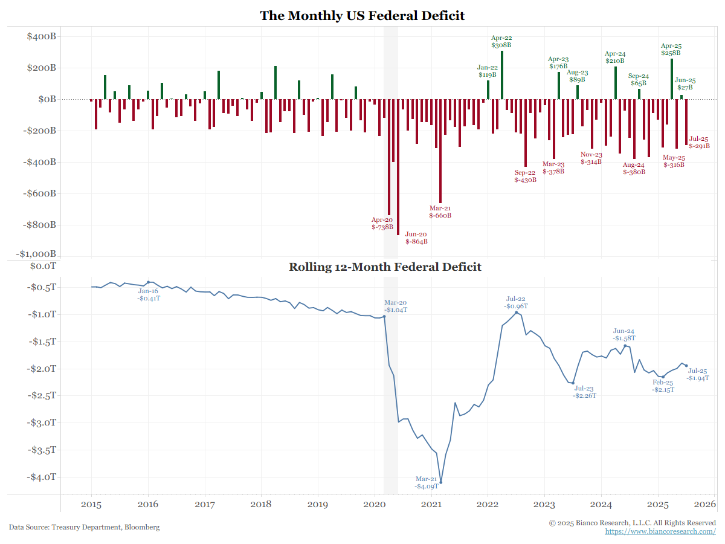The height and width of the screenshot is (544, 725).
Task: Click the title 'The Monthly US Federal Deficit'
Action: (362, 15)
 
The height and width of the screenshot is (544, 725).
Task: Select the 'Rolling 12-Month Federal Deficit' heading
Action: (385, 267)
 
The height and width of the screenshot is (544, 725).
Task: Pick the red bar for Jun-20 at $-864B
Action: (398, 167)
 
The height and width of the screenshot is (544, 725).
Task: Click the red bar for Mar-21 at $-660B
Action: (440, 151)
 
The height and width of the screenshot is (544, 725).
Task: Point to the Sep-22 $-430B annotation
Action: (525, 176)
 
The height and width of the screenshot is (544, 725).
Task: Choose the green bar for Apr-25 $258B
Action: (672, 79)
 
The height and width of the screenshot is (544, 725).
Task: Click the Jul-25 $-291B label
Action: (699, 142)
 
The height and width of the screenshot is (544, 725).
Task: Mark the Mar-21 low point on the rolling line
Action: (441, 482)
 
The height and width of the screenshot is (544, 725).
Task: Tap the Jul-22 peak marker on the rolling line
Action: (517, 312)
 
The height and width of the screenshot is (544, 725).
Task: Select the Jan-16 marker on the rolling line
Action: (149, 282)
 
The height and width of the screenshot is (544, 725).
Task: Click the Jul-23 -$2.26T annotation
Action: (584, 392)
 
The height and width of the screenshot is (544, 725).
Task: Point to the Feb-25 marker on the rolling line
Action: (663, 377)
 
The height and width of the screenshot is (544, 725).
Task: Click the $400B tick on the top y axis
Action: (42, 36)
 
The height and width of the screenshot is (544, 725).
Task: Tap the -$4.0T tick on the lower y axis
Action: (42, 477)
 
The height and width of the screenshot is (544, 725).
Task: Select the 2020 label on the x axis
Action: (375, 505)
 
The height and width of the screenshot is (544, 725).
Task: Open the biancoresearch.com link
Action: (660, 531)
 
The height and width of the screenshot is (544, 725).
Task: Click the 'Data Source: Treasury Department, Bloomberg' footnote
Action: (85, 527)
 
